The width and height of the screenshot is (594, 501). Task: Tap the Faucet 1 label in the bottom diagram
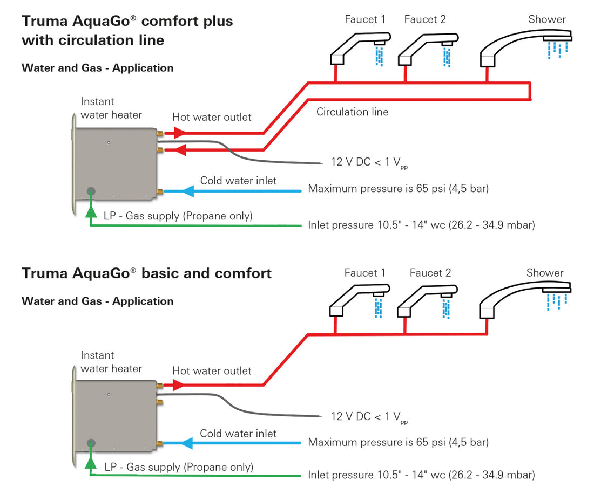(365, 273)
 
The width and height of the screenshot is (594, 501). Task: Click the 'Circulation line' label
(352, 112)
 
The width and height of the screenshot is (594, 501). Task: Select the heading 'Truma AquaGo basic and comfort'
(146, 273)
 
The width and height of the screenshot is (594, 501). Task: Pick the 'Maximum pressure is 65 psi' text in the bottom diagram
(398, 442)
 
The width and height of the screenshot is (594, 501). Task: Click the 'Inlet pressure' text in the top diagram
(421, 225)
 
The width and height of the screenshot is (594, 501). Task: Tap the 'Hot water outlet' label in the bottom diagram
(212, 371)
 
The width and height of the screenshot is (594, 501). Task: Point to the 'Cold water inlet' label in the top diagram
(238, 181)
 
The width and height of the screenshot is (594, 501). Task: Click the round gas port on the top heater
(91, 191)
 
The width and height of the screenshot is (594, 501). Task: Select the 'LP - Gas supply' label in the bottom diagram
(179, 467)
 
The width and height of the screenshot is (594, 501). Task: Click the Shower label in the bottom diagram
(545, 273)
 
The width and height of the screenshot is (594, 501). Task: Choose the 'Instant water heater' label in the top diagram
(111, 108)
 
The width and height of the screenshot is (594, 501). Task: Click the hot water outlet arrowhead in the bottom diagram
(178, 385)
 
